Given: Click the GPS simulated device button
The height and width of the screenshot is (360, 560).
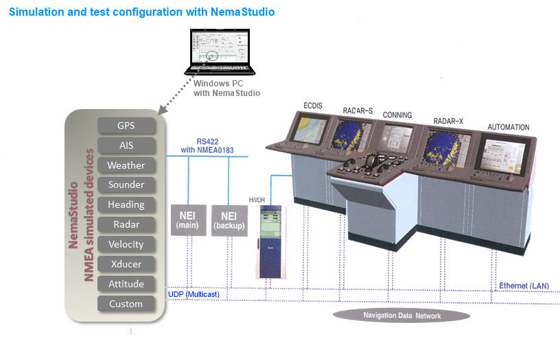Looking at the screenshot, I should pos(126,125).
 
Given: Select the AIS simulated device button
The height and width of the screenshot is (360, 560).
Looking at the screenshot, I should pos(126,145).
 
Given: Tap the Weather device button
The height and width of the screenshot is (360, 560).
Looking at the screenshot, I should pos(126,165).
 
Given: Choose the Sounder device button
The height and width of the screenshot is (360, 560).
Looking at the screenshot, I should pos(126,184).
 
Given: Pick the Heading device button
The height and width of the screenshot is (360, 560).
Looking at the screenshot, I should pos(126,204).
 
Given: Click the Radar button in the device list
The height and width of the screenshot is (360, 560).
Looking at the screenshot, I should pos(126,224).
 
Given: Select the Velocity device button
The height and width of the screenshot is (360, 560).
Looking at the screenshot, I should pos(126,244).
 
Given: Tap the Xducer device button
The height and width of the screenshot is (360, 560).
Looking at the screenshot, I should pos(126,264).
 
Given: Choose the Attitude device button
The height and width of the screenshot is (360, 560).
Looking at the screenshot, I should pos(126,284).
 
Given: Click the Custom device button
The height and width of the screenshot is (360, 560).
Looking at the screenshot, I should pos(126,304).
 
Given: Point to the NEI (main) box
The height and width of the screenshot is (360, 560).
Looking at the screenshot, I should pos(187,219).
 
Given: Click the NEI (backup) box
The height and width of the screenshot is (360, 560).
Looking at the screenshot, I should pos(229,219).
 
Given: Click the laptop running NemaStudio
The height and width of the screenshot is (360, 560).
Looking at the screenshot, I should pos(220,51).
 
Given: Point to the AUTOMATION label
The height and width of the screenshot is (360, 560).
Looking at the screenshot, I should pos(508,127).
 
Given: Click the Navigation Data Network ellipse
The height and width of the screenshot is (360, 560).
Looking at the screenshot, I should pos(401,315).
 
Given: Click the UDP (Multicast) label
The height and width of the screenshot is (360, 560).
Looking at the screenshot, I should pos(194,294).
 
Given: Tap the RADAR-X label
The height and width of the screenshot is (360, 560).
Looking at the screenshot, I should pos(448,121).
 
